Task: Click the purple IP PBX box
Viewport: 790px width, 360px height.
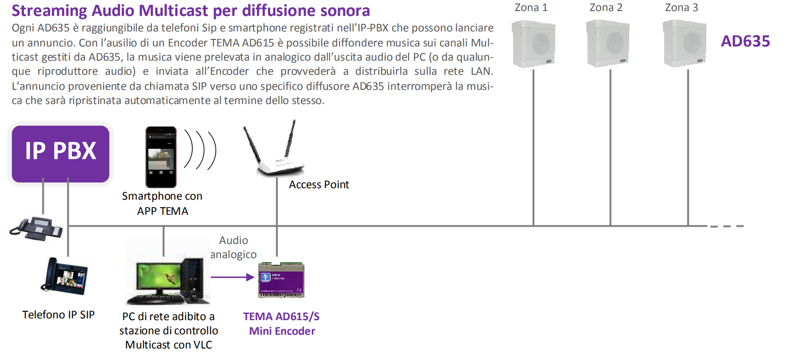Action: click(61, 154)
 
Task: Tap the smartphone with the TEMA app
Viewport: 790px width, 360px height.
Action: click(161, 157)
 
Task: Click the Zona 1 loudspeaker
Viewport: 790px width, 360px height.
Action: click(533, 44)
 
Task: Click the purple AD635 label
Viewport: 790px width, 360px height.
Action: click(745, 41)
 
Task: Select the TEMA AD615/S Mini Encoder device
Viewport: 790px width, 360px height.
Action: click(281, 280)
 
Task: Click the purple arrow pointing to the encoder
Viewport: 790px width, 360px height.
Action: click(233, 277)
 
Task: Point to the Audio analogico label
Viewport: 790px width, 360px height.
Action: click(233, 248)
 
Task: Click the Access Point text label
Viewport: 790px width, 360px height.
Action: click(319, 185)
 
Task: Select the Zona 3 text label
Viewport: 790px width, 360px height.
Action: click(681, 8)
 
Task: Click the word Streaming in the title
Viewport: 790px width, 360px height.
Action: click(49, 11)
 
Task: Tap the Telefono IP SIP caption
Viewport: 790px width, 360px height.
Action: click(58, 315)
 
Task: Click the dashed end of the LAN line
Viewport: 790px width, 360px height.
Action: click(727, 226)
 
